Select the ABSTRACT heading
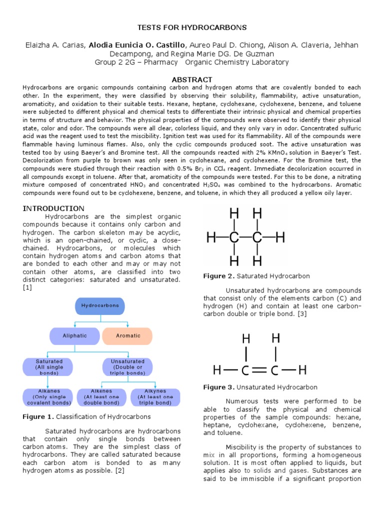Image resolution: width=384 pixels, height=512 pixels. point(192,79)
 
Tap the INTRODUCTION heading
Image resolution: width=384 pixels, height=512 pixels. point(53,208)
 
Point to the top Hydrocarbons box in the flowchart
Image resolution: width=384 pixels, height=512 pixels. point(100,306)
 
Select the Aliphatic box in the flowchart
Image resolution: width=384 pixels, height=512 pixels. point(74,335)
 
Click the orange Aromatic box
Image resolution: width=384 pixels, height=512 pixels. point(128,335)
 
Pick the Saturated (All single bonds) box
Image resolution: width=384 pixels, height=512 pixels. point(49,367)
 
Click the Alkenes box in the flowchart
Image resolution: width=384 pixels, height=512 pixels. point(101,397)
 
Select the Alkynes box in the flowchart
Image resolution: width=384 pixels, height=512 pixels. point(154,397)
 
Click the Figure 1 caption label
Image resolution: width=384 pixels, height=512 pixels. point(38,416)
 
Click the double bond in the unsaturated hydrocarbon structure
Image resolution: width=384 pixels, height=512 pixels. point(260,371)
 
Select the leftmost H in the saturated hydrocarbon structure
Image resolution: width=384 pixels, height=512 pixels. point(211,237)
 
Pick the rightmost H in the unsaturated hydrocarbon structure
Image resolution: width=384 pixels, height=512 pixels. point(302,371)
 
